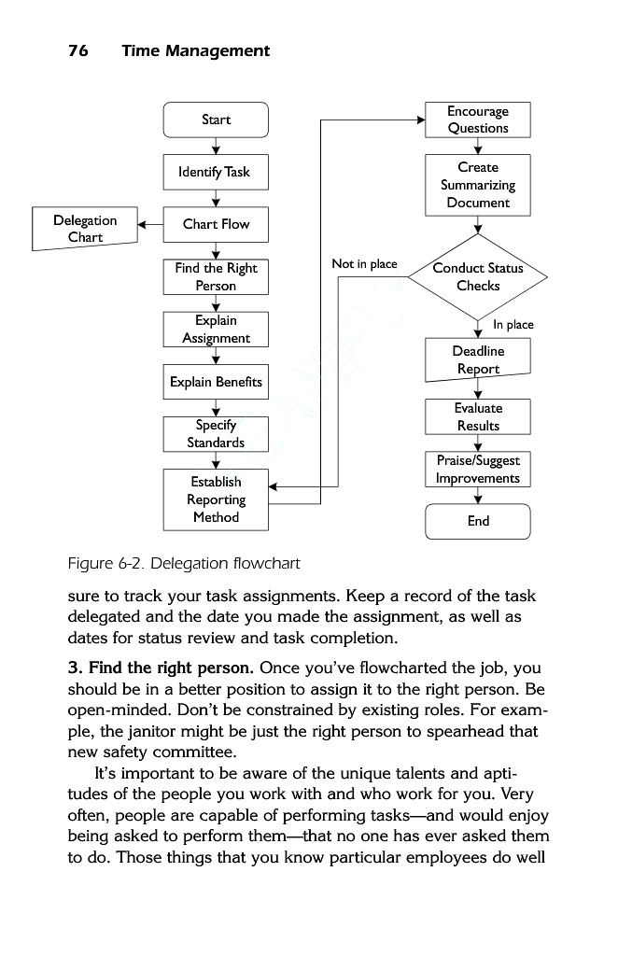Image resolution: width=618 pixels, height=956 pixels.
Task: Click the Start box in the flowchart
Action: click(216, 119)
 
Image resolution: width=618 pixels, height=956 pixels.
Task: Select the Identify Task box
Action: click(216, 172)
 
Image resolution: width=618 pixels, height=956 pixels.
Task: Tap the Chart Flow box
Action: click(216, 224)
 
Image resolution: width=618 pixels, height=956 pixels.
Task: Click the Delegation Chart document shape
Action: click(85, 229)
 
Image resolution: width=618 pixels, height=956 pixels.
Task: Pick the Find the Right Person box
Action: click(216, 276)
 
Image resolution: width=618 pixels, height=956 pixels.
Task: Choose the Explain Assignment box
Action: click(216, 329)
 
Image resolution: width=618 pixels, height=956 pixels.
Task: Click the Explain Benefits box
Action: click(216, 382)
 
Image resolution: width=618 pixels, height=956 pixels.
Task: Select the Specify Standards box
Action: click(216, 434)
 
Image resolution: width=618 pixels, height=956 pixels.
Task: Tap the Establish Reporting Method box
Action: click(216, 499)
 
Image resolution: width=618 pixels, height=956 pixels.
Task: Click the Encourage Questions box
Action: click(478, 119)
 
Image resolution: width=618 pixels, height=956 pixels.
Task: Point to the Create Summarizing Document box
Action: click(478, 185)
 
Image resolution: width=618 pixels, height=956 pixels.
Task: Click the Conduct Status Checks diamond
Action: click(478, 277)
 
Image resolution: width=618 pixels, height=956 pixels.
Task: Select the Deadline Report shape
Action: click(478, 359)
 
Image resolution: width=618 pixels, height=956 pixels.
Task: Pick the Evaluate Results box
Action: click(478, 416)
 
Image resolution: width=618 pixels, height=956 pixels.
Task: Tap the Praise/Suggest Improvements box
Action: click(478, 469)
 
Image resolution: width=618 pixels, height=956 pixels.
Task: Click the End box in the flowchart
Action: click(478, 521)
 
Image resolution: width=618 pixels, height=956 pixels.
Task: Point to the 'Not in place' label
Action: click(364, 264)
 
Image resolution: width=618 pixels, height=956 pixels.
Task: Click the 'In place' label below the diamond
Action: click(513, 325)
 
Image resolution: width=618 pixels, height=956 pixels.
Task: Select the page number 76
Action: click(78, 51)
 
